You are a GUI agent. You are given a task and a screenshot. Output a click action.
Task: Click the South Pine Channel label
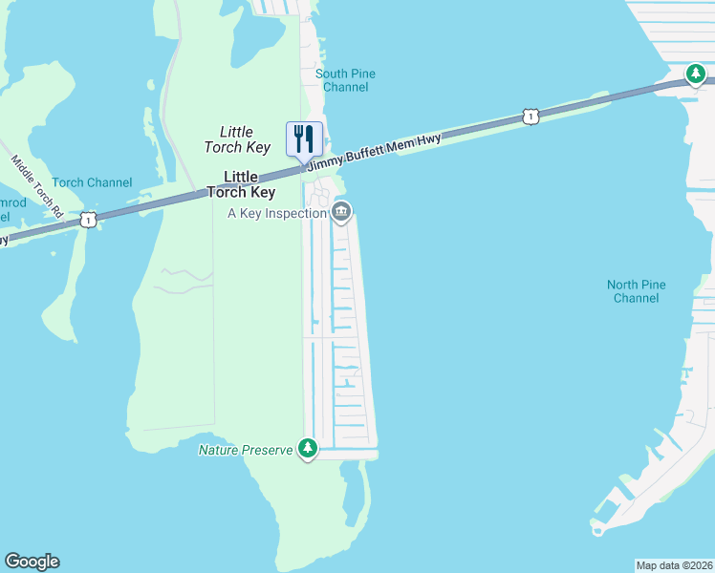345,80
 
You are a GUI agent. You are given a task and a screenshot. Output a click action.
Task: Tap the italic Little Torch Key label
236,139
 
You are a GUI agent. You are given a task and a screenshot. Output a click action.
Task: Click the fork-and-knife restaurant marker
304,138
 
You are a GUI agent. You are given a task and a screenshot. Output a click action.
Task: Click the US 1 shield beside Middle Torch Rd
88,220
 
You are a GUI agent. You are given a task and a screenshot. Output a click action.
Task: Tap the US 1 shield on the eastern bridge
531,117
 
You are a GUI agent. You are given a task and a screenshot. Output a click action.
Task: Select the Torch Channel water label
92,182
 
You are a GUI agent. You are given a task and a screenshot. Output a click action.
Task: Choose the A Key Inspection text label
277,213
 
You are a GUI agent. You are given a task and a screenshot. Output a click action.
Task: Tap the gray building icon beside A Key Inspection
342,211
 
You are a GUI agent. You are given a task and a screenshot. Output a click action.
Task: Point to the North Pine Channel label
636,291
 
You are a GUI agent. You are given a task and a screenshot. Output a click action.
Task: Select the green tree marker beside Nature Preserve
307,448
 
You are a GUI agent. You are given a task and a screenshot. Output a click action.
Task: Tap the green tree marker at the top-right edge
696,74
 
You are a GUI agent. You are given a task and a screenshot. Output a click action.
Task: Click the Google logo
32,562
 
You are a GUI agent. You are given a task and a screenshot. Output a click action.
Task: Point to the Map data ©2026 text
674,564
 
